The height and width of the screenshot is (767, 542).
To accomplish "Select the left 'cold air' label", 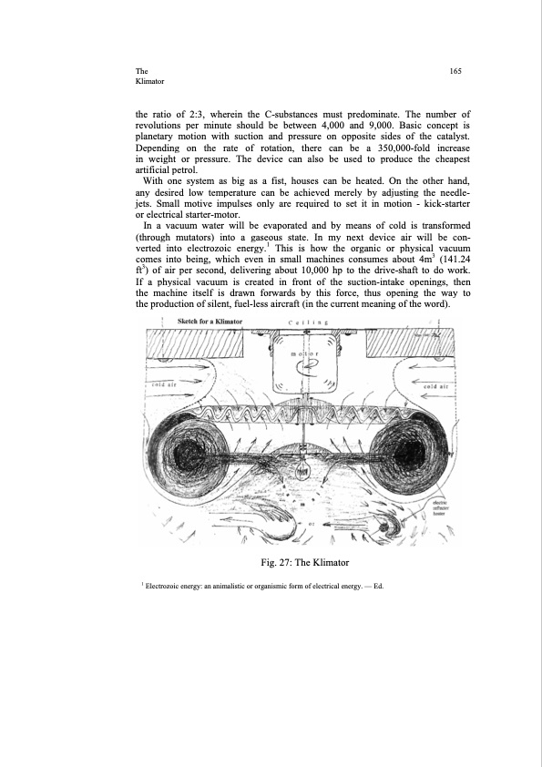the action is pos(162,386).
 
